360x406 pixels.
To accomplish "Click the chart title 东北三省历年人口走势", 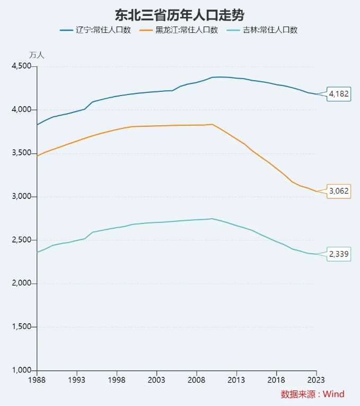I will pyautogui.click(x=180, y=14).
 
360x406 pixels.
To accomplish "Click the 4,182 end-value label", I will pyautogui.click(x=339, y=94).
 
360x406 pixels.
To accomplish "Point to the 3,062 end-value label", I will pyautogui.click(x=339, y=191).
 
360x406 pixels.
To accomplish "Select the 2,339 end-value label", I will pyautogui.click(x=339, y=254).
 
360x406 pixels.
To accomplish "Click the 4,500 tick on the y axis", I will pyautogui.click(x=22, y=66).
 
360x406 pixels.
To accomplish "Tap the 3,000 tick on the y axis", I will pyautogui.click(x=22, y=196).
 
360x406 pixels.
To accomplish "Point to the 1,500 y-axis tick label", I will pyautogui.click(x=22, y=327).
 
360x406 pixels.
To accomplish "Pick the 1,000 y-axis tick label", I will pyautogui.click(x=22, y=370).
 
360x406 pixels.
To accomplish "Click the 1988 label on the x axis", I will pyautogui.click(x=37, y=380).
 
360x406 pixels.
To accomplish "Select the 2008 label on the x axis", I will pyautogui.click(x=196, y=380).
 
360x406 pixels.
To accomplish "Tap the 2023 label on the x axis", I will pyautogui.click(x=316, y=380).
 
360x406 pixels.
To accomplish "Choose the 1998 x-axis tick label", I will pyautogui.click(x=116, y=380).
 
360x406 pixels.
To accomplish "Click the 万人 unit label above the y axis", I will pyautogui.click(x=37, y=55).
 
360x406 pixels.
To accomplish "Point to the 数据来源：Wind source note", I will pyautogui.click(x=312, y=394).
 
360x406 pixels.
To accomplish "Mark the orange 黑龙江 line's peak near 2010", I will pyautogui.click(x=212, y=124).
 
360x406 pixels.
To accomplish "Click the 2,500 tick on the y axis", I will pyautogui.click(x=22, y=240).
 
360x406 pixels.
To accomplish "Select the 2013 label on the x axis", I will pyautogui.click(x=236, y=380).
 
